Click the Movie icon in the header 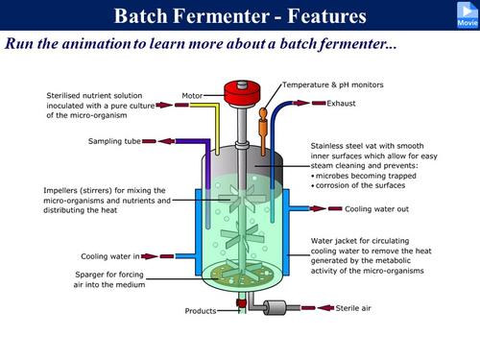(468, 14)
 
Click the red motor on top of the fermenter (242, 92)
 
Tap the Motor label (192, 96)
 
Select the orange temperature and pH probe (263, 132)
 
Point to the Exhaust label (341, 104)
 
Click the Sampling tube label (114, 141)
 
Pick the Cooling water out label (376, 209)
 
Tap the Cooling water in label (110, 256)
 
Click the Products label (201, 311)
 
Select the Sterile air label (353, 308)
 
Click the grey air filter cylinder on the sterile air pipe (275, 308)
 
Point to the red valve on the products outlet (241, 302)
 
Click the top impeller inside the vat (242, 199)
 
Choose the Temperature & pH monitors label (333, 84)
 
